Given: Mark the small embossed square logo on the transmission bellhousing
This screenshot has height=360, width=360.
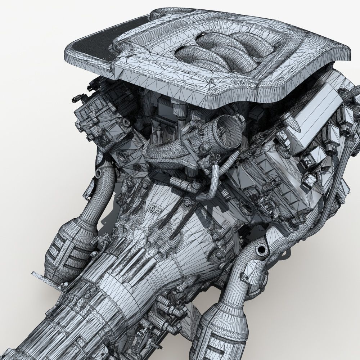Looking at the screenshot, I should [153, 210].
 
